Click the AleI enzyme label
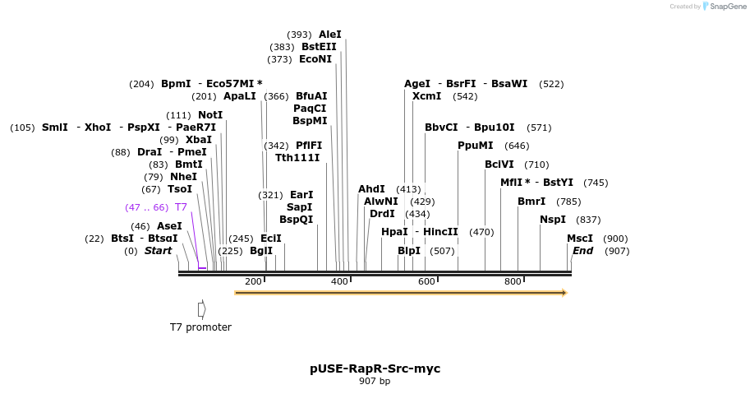pos(329,35)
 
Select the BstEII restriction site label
pos(319,47)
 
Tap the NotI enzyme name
pos(210,115)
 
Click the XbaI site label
pos(199,140)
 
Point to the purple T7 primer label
pos(181,207)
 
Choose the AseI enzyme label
pos(169,226)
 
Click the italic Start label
pos(159,251)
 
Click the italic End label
pos(582,251)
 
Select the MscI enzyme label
pos(580,239)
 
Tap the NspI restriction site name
pos(553,220)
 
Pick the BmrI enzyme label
pos(531,202)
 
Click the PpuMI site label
pos(476,146)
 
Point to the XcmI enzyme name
pos(426,96)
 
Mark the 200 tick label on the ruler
pos(253,282)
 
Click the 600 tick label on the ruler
pos(426,282)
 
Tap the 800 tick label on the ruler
pos(513,282)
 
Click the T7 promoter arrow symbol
pos(201,308)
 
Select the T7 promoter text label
pos(200,327)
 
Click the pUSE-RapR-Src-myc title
pos(375,369)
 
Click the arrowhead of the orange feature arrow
pos(564,292)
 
